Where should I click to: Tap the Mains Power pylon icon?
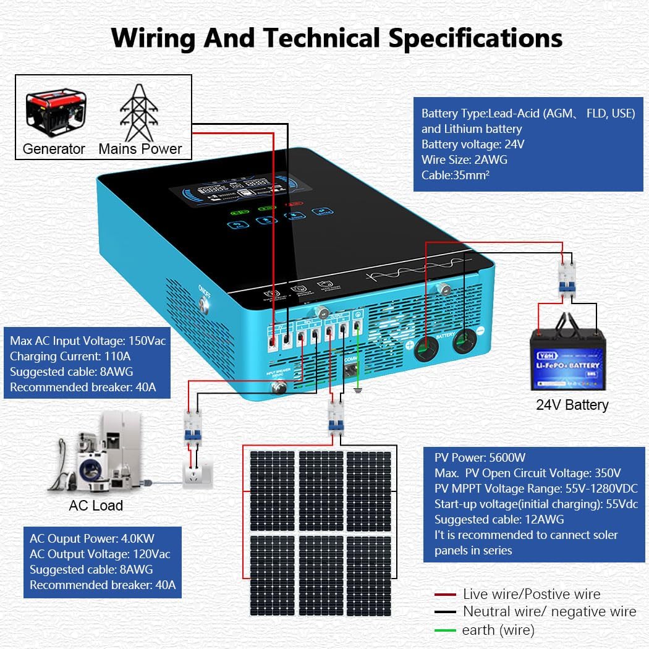pos(140,112)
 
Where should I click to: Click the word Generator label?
pos(54,149)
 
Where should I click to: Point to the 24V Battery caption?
pos(572,405)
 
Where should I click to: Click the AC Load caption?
pos(96,506)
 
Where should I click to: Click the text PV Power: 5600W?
pos(480,458)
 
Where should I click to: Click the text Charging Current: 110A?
pos(70,356)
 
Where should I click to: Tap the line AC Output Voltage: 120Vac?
pos(100,554)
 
